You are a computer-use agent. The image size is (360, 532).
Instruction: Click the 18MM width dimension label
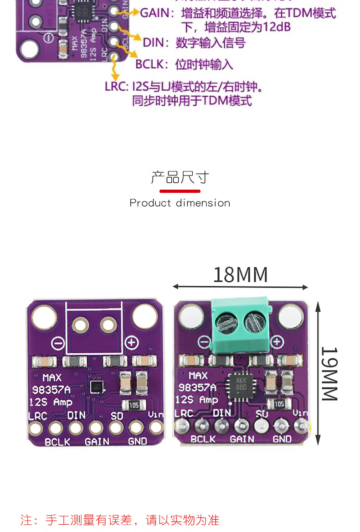coord(240,275)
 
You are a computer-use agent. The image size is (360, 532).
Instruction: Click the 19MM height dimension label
coord(329,374)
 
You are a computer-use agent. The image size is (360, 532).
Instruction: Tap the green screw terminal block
coord(240,325)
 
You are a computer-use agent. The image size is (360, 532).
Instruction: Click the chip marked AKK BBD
coord(241,385)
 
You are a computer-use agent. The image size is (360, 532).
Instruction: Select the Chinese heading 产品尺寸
coord(180,177)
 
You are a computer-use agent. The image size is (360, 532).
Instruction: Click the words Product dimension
coord(180,203)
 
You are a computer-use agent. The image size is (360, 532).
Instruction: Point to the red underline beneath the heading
coord(180,191)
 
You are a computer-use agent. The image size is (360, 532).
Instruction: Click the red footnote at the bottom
coord(120,520)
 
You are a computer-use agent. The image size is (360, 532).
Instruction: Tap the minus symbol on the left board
coord(58,343)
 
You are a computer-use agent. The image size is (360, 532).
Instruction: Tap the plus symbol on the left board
coord(132,343)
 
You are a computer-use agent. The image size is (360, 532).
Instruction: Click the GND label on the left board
coord(137,441)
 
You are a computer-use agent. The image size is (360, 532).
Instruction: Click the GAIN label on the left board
coord(97,441)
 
